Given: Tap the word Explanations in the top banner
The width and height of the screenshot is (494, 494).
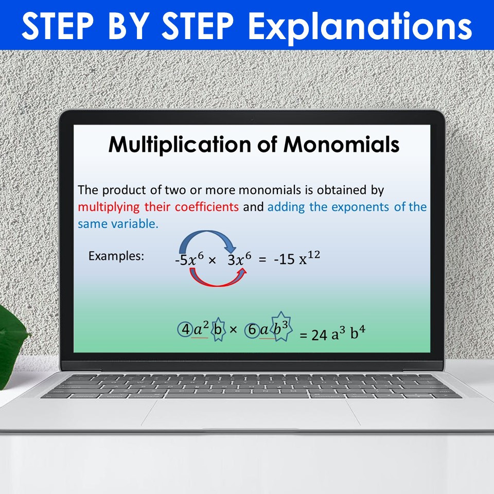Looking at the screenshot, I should click(x=360, y=26).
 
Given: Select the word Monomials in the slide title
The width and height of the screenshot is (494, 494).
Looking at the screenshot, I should click(x=341, y=145).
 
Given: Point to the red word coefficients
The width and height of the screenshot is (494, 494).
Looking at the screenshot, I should click(x=206, y=207).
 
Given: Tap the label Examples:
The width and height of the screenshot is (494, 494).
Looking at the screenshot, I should click(x=116, y=256).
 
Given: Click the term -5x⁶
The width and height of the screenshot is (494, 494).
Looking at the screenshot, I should click(x=188, y=260).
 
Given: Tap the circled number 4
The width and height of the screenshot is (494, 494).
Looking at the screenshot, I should click(x=184, y=329).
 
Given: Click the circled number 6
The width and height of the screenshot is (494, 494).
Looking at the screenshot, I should click(x=252, y=330).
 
